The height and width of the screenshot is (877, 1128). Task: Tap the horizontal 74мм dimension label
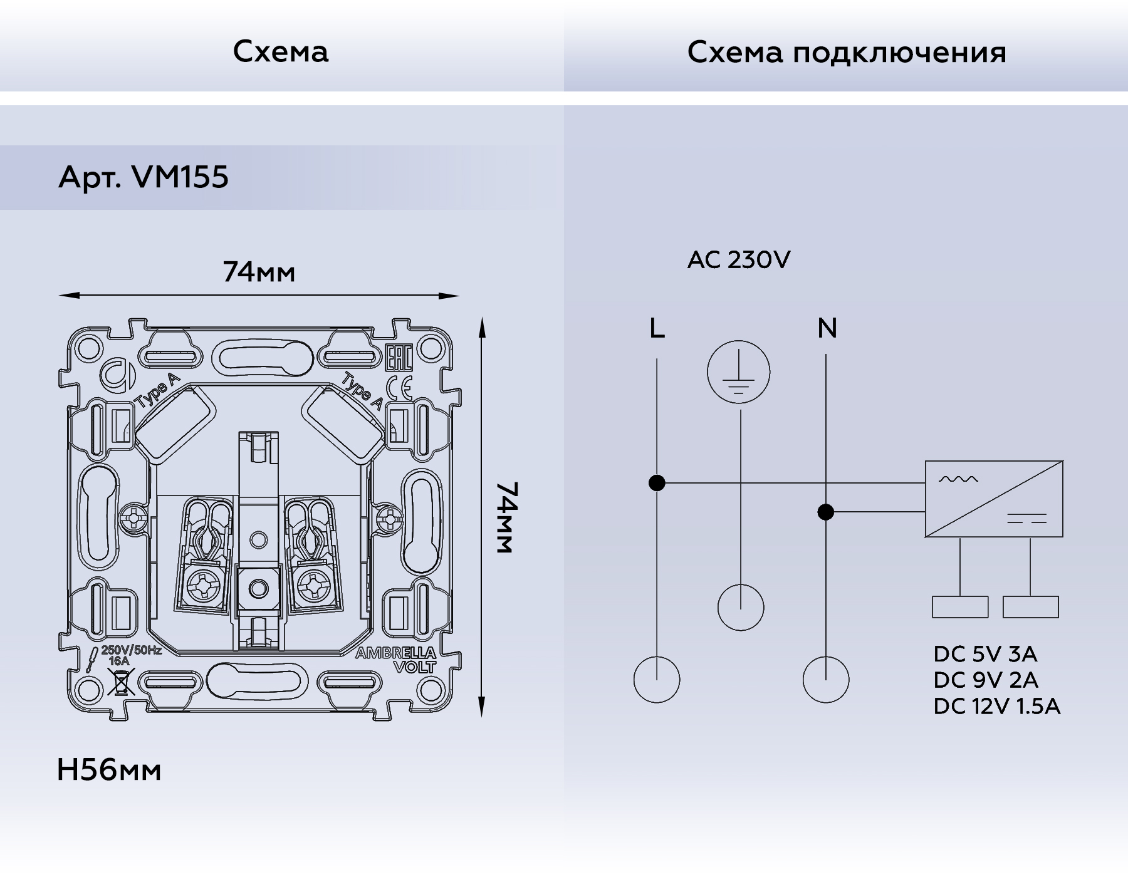(259, 272)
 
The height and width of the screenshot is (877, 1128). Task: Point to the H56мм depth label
(109, 770)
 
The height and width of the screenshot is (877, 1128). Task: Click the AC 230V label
(739, 260)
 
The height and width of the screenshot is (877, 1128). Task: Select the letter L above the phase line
(657, 328)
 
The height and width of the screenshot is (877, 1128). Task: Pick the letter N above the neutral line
(827, 328)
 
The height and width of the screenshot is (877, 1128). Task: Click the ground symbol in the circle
(739, 373)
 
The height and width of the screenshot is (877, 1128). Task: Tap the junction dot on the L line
(657, 483)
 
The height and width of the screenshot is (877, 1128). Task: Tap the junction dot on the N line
(826, 512)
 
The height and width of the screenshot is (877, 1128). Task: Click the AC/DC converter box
(994, 499)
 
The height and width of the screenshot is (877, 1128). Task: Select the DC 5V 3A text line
(985, 654)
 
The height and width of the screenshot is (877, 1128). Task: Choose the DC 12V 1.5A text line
(996, 707)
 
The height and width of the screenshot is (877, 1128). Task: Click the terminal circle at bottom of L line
(657, 680)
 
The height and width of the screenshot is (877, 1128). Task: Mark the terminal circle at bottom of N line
(826, 680)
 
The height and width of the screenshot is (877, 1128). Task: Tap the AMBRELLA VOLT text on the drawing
(396, 660)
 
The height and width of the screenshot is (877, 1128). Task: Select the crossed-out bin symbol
(121, 682)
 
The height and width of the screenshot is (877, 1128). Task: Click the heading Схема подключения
(847, 52)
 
